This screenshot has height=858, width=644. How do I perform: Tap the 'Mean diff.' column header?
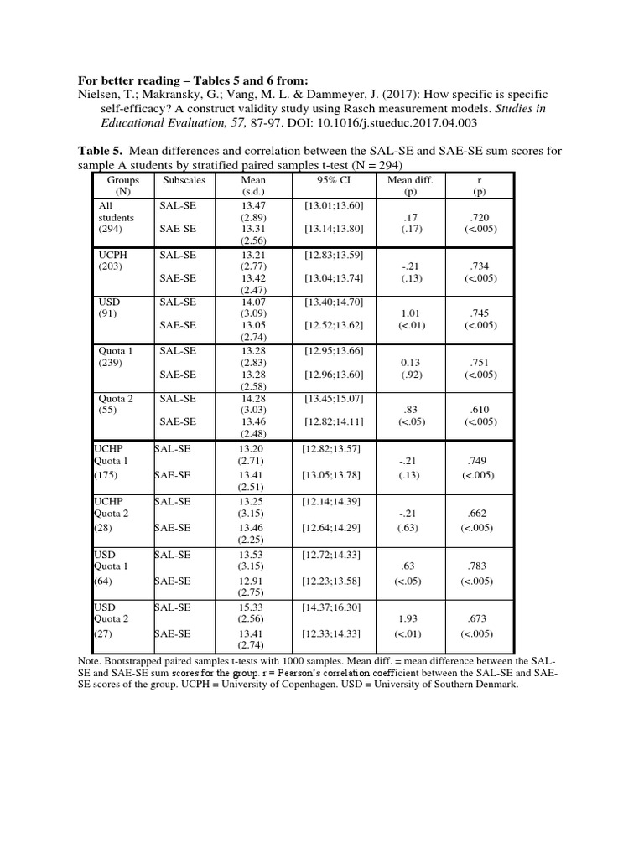click(410, 179)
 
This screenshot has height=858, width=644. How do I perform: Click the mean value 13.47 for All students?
click(253, 204)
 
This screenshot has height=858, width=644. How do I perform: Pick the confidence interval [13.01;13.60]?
click(333, 204)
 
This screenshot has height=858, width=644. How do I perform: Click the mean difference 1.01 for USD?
click(410, 313)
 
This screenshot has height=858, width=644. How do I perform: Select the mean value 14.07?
click(253, 302)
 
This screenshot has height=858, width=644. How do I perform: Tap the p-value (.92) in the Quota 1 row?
click(410, 374)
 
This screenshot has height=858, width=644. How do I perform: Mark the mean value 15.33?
click(253, 607)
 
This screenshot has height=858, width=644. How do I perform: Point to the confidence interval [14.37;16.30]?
click(333, 607)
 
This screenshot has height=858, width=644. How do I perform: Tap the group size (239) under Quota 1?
click(111, 362)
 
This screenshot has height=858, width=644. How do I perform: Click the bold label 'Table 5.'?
click(101, 151)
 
